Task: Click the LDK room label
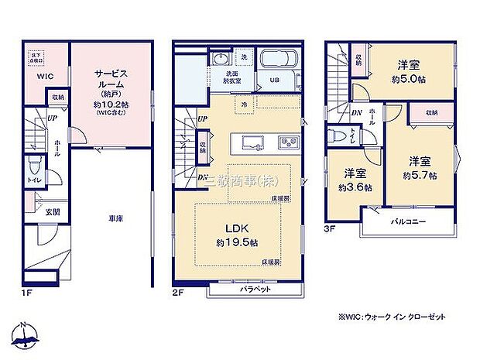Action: [235, 229]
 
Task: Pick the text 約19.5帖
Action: [238, 243]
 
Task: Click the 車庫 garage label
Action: [117, 218]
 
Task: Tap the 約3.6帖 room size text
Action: [357, 187]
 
